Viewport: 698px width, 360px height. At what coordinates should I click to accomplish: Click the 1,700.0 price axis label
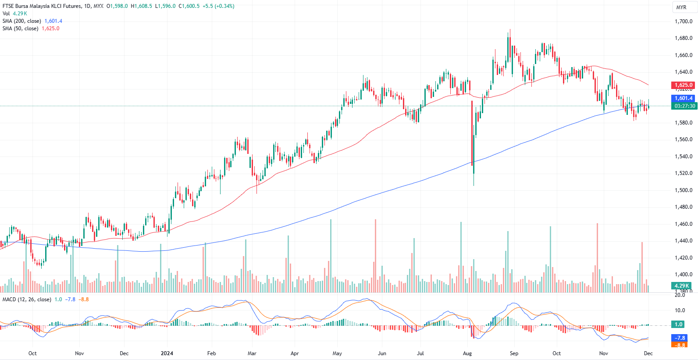pos(683,21)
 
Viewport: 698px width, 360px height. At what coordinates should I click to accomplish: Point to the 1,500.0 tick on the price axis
pos(683,190)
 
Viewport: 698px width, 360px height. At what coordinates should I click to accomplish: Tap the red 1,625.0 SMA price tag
pos(683,85)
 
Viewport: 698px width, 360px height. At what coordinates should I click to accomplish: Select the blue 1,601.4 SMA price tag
pos(683,98)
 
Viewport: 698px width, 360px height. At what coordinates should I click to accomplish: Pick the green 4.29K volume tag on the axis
pos(682,285)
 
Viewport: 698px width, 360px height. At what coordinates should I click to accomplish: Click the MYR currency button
pos(681,7)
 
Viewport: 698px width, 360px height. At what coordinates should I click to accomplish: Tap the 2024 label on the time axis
pos(167,353)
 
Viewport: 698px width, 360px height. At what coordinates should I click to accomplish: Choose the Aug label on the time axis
pos(467,353)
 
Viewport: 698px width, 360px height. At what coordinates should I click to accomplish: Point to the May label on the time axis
pos(337,353)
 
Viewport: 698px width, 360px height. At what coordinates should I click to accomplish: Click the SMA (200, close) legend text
pos(22,21)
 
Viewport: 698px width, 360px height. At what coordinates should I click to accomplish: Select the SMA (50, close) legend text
pos(21,29)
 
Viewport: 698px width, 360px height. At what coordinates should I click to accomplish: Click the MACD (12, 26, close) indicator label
pos(27,299)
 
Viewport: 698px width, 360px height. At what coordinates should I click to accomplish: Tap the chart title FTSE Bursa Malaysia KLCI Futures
pos(42,6)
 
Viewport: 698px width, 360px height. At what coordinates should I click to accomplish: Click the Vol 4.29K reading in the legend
pos(15,14)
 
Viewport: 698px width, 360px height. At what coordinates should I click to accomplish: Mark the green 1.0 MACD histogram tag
pos(679,324)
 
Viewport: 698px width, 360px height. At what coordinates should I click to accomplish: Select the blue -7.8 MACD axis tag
pos(680,338)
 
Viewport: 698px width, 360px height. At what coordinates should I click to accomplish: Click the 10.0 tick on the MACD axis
pos(680,310)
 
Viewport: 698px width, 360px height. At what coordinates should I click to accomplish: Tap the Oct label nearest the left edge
pos(32,353)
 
